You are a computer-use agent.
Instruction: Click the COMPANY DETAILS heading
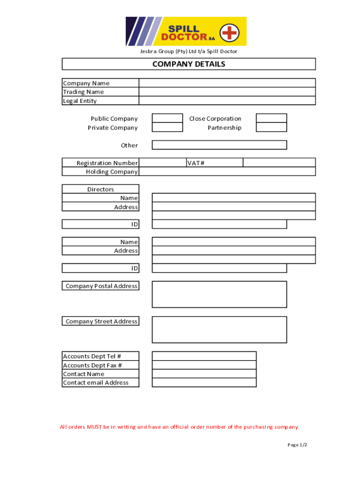tap(188, 64)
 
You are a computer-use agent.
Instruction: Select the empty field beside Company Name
tap(227, 83)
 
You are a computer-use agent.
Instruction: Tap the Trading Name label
tap(83, 92)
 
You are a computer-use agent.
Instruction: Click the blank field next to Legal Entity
tap(227, 101)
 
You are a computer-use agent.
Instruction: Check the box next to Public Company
tap(167, 118)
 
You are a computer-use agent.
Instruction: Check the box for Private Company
tap(167, 127)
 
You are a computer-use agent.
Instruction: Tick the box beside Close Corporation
tap(271, 118)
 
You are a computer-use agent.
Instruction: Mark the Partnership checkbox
tap(271, 127)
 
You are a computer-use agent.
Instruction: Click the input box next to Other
tap(219, 145)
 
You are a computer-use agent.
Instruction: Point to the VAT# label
tap(196, 163)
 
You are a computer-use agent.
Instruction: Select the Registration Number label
tap(107, 163)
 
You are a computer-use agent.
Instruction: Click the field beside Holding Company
tap(227, 172)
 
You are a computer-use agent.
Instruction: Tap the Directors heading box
tap(101, 189)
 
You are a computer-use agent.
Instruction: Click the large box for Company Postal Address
tap(219, 294)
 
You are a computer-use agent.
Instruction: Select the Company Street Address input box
tap(219, 329)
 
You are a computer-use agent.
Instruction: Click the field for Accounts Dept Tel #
tap(204, 356)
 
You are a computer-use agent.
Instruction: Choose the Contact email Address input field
tap(204, 383)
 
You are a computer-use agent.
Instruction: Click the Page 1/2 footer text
tap(297, 444)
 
